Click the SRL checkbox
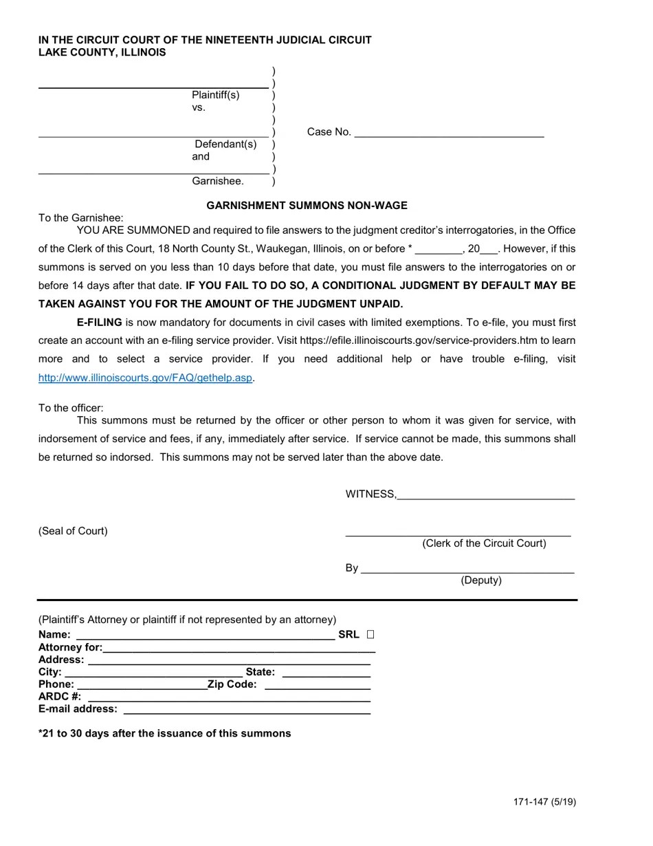[370, 634]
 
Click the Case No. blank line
[449, 133]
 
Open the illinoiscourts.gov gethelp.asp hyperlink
[146, 378]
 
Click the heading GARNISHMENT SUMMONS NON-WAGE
[307, 205]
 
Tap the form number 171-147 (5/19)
[544, 801]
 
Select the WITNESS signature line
[485, 495]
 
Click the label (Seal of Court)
[73, 531]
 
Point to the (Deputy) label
[481, 580]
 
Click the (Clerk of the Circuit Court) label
[484, 543]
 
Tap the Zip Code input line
[317, 685]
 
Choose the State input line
[326, 673]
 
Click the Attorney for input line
[239, 648]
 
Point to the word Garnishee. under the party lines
[218, 181]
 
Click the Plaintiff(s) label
[216, 95]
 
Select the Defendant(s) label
[225, 144]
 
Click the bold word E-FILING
[100, 322]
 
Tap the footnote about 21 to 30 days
[164, 733]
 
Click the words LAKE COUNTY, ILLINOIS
[102, 52]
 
